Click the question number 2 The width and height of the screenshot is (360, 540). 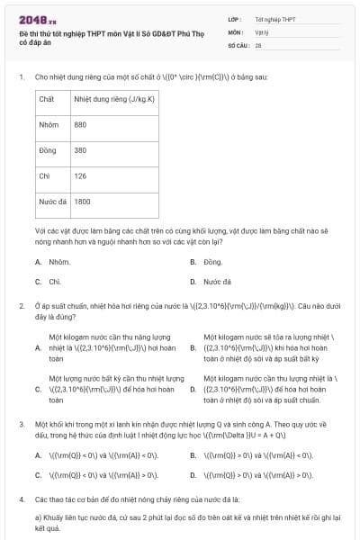point(21,306)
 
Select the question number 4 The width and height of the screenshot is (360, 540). point(21,498)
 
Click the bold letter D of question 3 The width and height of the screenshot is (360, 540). point(193,474)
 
